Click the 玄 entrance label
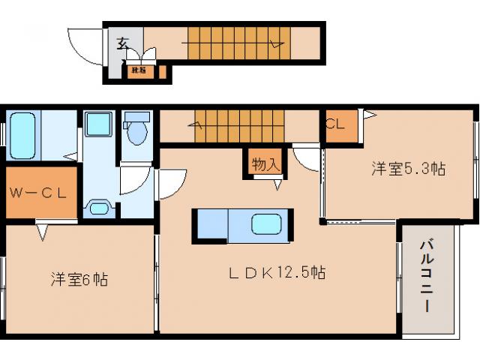(121, 43)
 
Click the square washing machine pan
(97, 124)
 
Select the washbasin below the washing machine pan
(98, 206)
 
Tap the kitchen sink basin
(268, 225)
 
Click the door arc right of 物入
(306, 157)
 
